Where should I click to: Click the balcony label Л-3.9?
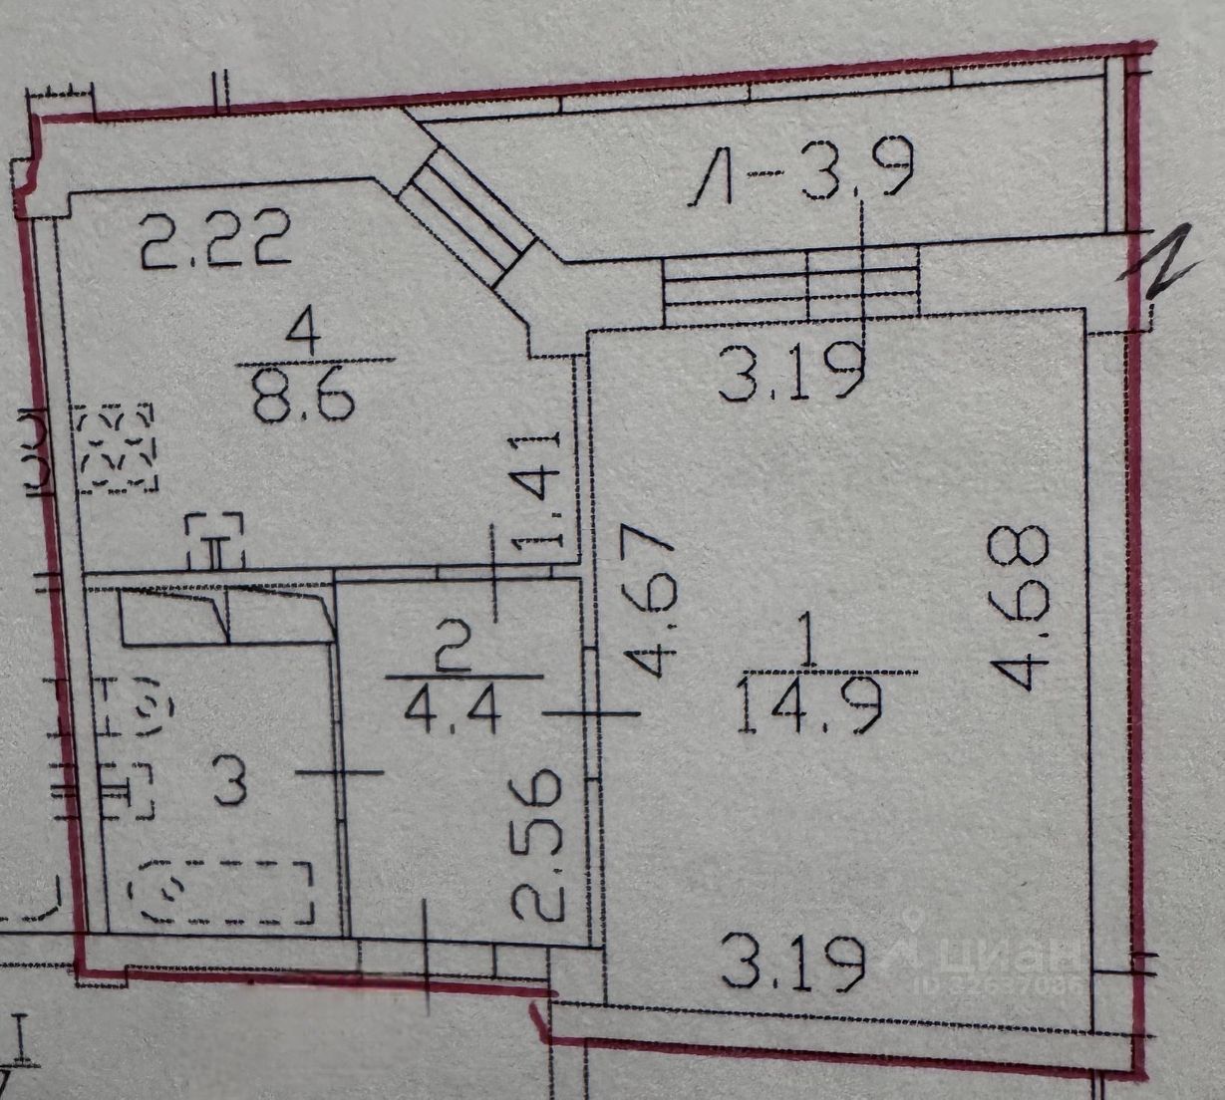click(803, 177)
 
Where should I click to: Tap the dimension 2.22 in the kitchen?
click(215, 240)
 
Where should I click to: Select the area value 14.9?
click(811, 705)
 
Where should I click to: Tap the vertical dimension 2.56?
click(538, 843)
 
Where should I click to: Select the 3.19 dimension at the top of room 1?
click(791, 373)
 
